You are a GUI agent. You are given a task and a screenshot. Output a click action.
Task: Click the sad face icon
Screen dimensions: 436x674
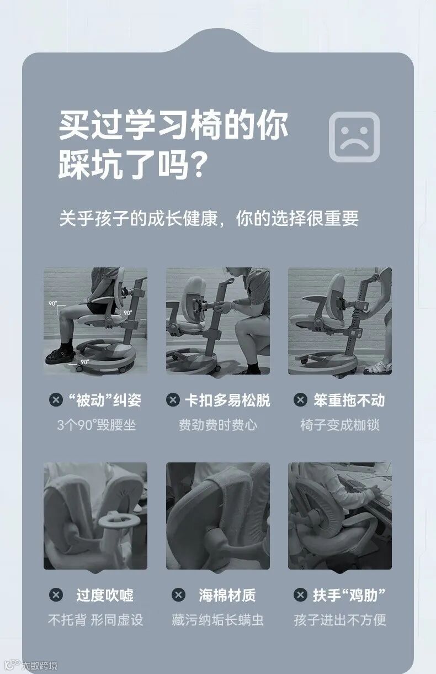(x=354, y=137)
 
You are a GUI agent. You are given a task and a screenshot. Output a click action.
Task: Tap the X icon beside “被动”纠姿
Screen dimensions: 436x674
(x=56, y=400)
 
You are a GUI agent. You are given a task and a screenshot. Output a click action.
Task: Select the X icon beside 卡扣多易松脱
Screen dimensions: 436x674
(x=173, y=400)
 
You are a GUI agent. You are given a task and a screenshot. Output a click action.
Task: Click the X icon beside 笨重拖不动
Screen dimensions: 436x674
(x=300, y=400)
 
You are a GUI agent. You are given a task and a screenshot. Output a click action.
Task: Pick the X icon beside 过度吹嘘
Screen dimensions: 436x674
(x=56, y=595)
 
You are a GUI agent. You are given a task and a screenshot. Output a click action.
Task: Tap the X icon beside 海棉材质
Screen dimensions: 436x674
(x=179, y=595)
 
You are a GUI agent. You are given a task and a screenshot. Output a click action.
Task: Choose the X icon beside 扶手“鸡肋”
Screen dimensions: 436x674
(x=300, y=595)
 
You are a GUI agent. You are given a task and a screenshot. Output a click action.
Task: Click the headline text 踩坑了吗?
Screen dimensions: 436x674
(x=133, y=165)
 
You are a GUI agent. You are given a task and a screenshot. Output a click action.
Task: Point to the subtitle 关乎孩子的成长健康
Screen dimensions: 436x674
(x=139, y=218)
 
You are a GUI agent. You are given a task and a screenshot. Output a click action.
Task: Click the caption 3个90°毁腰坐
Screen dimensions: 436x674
(x=97, y=425)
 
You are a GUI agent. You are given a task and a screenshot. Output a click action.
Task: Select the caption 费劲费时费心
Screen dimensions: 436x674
(x=218, y=425)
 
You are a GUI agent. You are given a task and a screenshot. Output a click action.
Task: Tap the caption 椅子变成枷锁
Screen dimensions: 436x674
(x=340, y=425)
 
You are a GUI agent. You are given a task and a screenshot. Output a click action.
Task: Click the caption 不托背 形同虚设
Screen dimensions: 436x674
(x=95, y=620)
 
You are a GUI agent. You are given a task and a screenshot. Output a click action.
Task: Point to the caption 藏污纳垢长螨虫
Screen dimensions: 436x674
(x=217, y=620)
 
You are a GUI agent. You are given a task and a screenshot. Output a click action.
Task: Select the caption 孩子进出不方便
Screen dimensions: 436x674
(x=340, y=620)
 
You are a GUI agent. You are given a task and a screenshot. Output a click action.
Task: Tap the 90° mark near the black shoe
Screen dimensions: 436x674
(x=84, y=362)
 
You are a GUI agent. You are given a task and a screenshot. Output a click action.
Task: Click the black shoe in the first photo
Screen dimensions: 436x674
(x=60, y=355)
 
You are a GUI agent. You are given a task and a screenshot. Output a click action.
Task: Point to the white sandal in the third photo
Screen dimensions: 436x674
(x=378, y=368)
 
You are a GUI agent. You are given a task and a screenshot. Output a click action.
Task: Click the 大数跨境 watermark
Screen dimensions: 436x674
(x=39, y=665)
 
